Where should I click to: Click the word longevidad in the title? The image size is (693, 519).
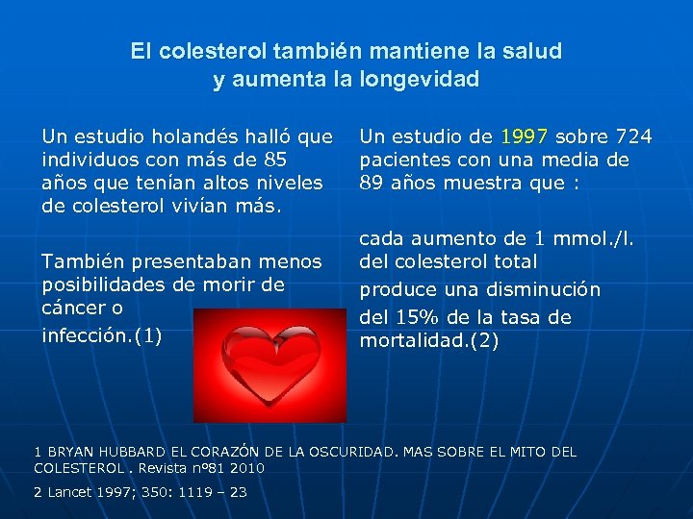point(423,79)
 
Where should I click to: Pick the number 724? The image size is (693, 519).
point(634,136)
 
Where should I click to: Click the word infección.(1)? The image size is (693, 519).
point(101,335)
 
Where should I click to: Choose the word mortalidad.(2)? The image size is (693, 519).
point(428,340)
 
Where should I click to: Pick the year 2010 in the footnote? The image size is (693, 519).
point(248,468)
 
